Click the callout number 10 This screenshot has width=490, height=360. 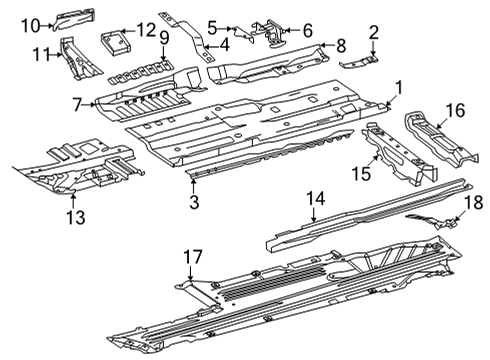pos(31,26)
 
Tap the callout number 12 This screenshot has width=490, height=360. pos(146,30)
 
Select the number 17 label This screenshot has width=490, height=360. pos(194,257)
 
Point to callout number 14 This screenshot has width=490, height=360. pos(315,199)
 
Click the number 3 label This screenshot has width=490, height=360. pos(194,202)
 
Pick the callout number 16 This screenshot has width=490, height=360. pos(456,110)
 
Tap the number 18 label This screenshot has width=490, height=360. pos(473,202)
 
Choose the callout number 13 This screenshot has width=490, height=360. pos(76,217)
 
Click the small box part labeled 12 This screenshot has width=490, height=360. pos(115,42)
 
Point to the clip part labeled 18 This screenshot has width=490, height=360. pos(433,221)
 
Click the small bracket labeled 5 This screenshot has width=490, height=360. pos(243,33)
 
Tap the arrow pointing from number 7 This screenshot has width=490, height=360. pos(89,105)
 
